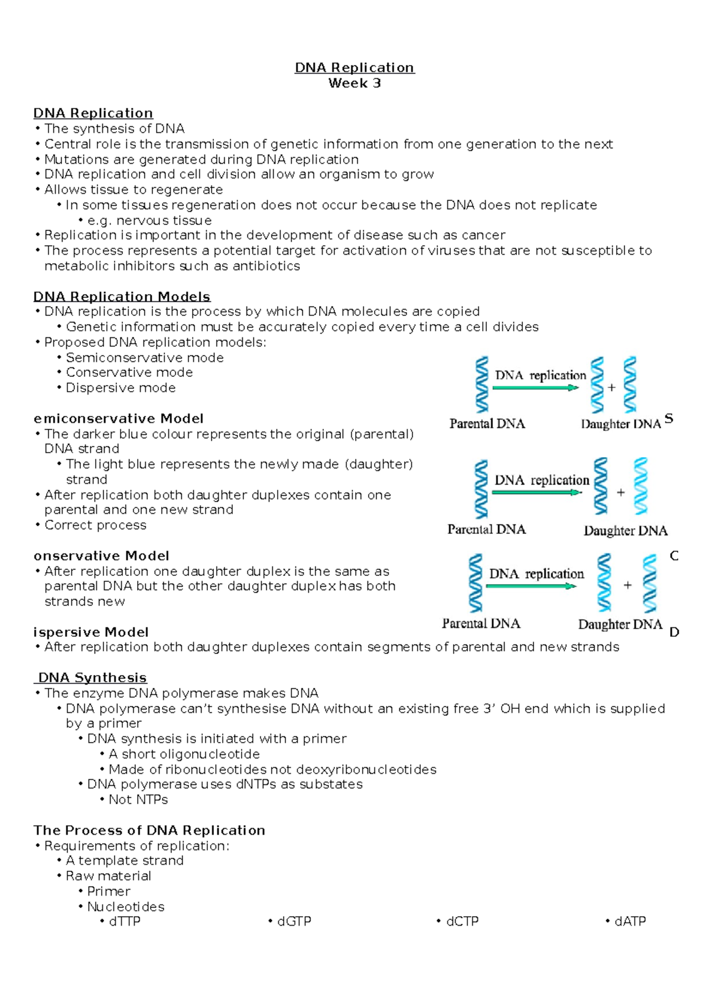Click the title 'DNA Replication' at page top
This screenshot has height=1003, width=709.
[x=354, y=67]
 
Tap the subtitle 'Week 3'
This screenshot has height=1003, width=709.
[x=354, y=83]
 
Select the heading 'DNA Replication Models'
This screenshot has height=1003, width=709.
[x=122, y=297]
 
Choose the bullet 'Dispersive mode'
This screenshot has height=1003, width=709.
[x=121, y=387]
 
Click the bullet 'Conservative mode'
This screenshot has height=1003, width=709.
[x=129, y=372]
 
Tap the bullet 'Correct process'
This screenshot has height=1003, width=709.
[x=95, y=525]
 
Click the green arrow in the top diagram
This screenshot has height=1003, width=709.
[x=535, y=387]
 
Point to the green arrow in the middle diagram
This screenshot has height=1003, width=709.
[x=536, y=492]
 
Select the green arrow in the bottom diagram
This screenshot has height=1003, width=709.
[x=531, y=586]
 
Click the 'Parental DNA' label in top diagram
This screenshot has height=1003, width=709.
[x=487, y=424]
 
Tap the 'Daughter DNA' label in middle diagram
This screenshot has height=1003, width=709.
[x=625, y=530]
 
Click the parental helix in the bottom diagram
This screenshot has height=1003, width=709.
[x=475, y=583]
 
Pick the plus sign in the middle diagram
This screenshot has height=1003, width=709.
[x=620, y=492]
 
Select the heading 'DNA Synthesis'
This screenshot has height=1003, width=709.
[x=92, y=678]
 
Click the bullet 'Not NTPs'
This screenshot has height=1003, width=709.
[x=138, y=799]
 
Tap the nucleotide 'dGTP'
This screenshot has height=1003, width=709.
[x=294, y=921]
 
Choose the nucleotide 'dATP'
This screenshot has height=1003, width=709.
[x=630, y=921]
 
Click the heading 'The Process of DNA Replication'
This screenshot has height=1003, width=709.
[x=149, y=830]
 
